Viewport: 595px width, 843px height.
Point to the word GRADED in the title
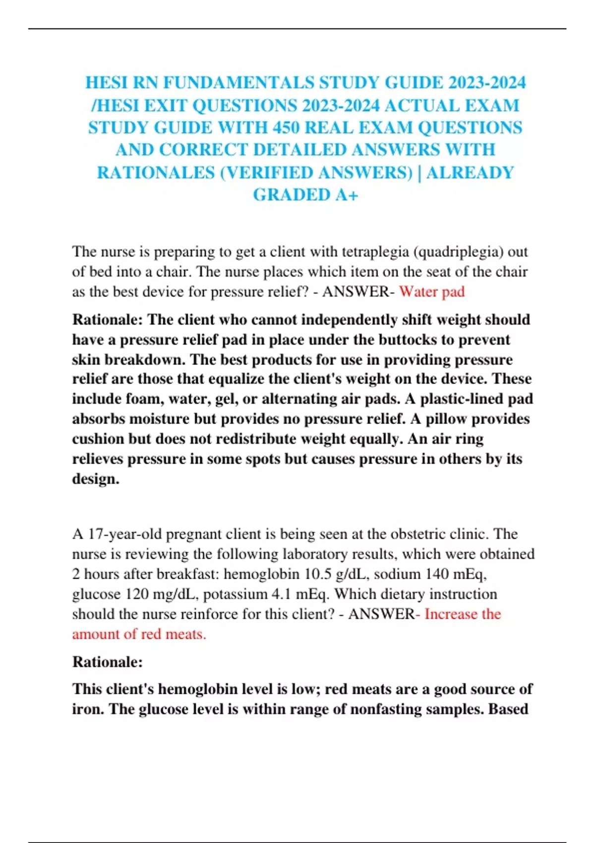tap(291, 195)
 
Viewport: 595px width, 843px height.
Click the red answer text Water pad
tap(432, 292)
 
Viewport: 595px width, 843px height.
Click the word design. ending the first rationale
tap(96, 479)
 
